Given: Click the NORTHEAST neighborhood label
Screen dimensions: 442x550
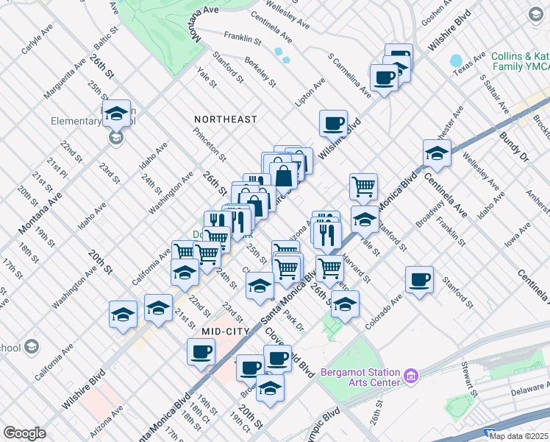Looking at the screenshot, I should coord(226,119).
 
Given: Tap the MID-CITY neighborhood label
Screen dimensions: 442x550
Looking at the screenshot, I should coord(227,332).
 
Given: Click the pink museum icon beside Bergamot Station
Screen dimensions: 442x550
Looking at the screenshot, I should coord(411,377).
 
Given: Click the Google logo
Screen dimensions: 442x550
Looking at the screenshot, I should coord(24,433).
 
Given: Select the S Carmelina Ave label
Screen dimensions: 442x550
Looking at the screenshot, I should coord(349,75).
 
